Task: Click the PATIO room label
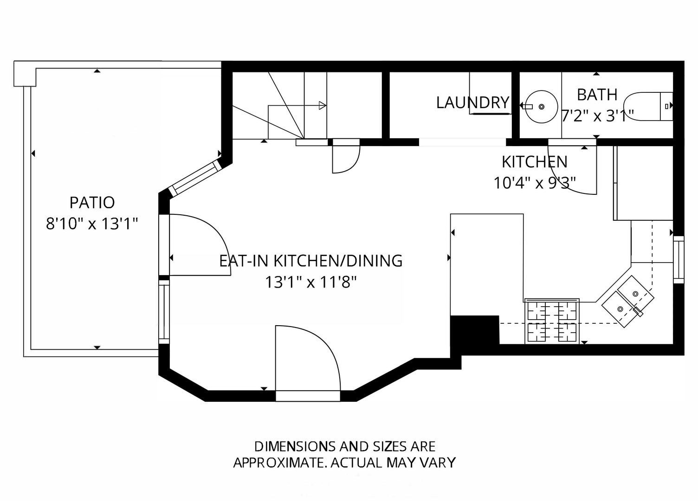92,203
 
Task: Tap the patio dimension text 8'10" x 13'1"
92,224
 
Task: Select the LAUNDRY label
473,103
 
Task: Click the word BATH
597,95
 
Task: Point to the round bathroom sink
542,107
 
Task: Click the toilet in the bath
648,107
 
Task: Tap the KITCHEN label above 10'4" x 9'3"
535,162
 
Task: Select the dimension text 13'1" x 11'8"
310,283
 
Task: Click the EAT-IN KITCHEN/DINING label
310,261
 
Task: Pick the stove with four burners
552,321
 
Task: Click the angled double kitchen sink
627,302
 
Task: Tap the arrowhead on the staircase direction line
323,106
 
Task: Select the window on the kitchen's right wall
679,260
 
